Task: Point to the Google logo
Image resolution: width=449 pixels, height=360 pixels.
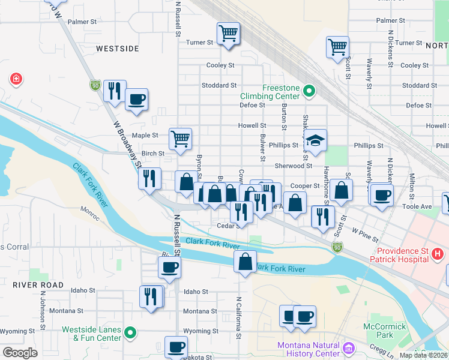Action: click(x=20, y=353)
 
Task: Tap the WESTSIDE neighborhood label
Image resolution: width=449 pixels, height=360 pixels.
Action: click(x=118, y=48)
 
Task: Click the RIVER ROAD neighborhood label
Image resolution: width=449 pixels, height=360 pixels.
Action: click(x=38, y=284)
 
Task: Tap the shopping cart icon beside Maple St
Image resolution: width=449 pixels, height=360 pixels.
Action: click(x=180, y=139)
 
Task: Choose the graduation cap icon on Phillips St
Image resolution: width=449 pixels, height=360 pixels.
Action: click(x=315, y=141)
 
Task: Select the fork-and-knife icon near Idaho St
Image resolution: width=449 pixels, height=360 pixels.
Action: click(x=151, y=296)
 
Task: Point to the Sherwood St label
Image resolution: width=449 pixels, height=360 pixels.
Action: click(x=294, y=166)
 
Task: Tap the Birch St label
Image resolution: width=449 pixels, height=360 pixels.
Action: click(x=153, y=154)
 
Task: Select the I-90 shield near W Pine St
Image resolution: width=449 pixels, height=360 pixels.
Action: click(x=337, y=247)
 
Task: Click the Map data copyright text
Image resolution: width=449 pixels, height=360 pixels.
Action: click(x=424, y=355)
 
